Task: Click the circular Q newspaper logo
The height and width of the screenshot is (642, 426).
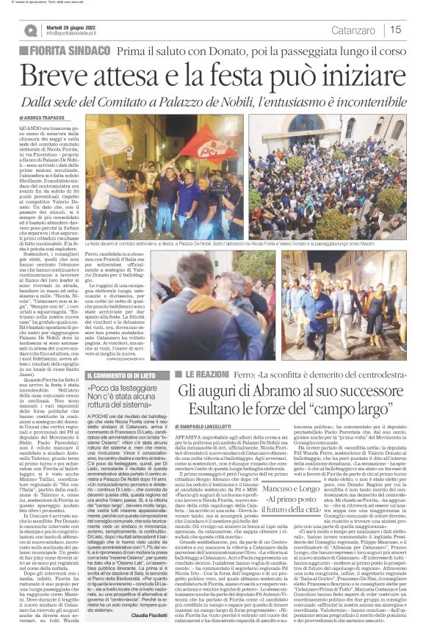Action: [x=31, y=30]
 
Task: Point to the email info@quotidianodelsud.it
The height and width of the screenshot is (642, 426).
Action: [x=81, y=33]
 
